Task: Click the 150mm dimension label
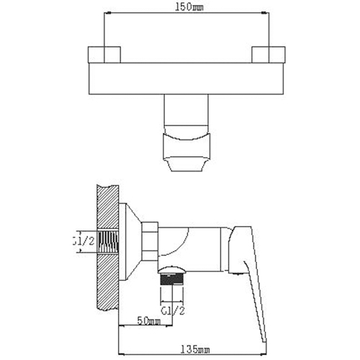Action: pos(189,7)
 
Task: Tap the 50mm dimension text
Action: pos(148,320)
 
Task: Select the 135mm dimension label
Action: pos(195,349)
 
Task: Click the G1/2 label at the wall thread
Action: pos(84,241)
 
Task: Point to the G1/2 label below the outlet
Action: pos(173,311)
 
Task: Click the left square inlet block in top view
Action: pos(104,55)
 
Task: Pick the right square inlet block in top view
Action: pos(269,55)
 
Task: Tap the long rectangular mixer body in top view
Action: pos(187,78)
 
